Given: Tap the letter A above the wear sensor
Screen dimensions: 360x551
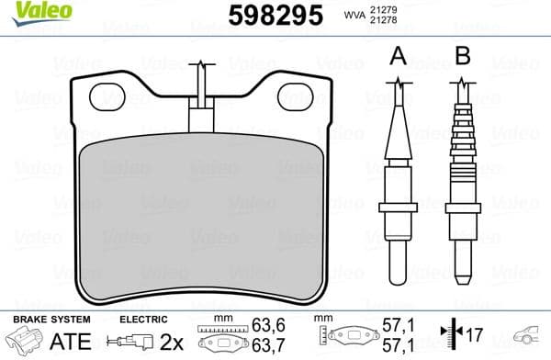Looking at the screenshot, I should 398,57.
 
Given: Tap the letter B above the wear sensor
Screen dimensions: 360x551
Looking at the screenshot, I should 463,57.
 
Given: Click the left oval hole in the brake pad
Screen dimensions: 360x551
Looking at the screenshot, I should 115,95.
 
